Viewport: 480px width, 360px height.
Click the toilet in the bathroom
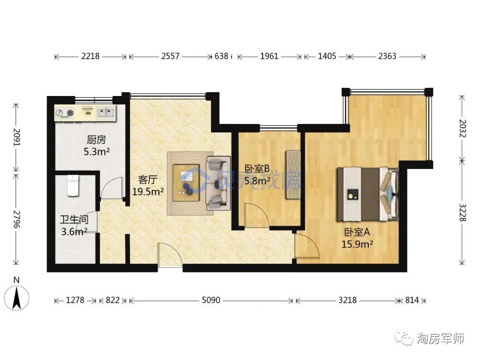(x=72, y=185)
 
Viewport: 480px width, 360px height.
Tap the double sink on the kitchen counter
(x=106, y=112)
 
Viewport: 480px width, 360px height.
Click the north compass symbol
(x=16, y=297)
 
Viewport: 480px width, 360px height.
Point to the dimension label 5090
(x=211, y=300)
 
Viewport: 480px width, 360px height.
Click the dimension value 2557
(x=170, y=56)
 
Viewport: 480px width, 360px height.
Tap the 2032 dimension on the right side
(x=463, y=128)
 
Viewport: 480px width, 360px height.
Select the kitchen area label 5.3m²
(x=97, y=151)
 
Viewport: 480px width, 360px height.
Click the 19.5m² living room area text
(x=148, y=192)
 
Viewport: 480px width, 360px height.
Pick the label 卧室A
(x=357, y=232)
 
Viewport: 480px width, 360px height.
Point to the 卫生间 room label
(x=74, y=220)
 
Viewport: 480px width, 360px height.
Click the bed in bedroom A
(x=368, y=194)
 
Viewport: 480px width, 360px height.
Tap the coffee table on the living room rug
(x=186, y=183)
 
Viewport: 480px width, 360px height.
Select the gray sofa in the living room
(x=218, y=183)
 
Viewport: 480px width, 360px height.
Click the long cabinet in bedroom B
(x=293, y=175)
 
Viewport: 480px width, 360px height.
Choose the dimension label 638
(x=221, y=56)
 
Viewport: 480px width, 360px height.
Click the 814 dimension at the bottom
(x=412, y=300)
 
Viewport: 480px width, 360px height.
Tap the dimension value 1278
(x=75, y=300)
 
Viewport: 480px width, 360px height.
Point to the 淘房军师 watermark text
(x=440, y=339)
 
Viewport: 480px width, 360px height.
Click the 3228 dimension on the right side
(x=463, y=212)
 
